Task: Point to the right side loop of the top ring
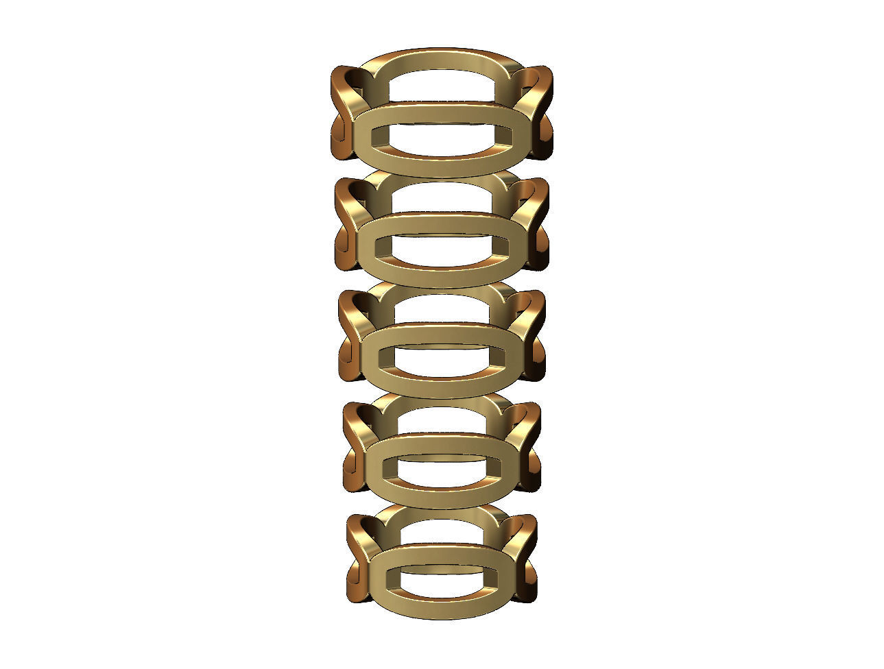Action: pos(538,113)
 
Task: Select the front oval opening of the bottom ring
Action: pos(442,579)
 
